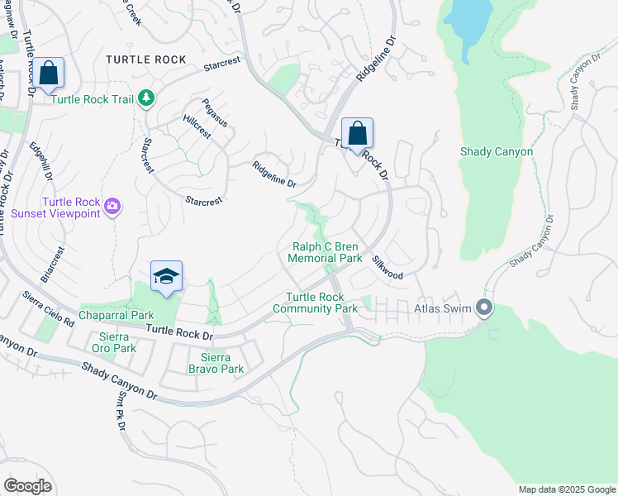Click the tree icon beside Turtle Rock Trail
tap(146, 99)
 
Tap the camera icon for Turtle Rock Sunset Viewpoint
tap(113, 206)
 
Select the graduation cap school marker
tap(166, 277)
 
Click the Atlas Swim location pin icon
tap(484, 309)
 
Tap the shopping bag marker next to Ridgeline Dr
tap(357, 134)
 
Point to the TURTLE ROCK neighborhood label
tap(146, 60)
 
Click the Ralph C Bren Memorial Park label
tap(326, 252)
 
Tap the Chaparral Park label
tap(116, 315)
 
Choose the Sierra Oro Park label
tap(113, 342)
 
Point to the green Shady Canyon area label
tap(496, 151)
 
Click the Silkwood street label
tap(387, 269)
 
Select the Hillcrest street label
tap(197, 126)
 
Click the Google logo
tap(27, 485)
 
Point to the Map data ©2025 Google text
tap(566, 489)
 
